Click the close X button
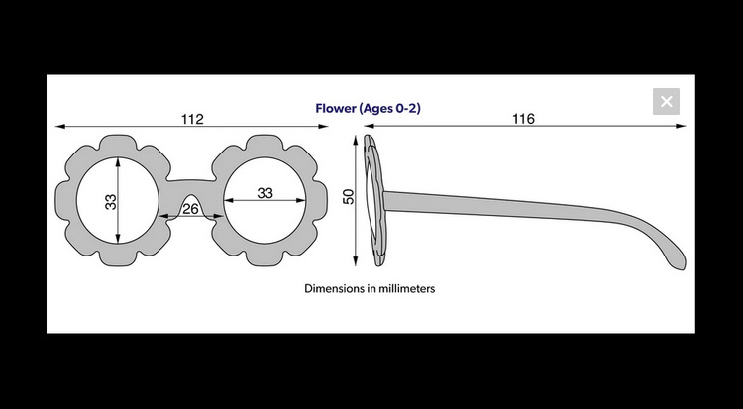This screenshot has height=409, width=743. coord(666,101)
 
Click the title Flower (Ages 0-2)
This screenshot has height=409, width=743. coord(369,109)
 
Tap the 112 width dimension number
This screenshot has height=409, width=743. coord(192,119)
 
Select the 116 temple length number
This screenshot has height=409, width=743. coord(523,119)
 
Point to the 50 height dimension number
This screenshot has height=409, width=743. coord(349,196)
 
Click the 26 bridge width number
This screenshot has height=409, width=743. coord(190,209)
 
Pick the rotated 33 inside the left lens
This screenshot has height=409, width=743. coord(110,202)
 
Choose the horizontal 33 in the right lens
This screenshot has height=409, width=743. coord(265,193)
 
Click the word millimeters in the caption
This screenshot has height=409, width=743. coord(409,288)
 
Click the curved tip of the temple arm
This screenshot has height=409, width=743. coord(680,264)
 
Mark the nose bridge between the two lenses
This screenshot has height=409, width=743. coord(191,188)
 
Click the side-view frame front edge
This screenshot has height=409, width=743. coord(374,200)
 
